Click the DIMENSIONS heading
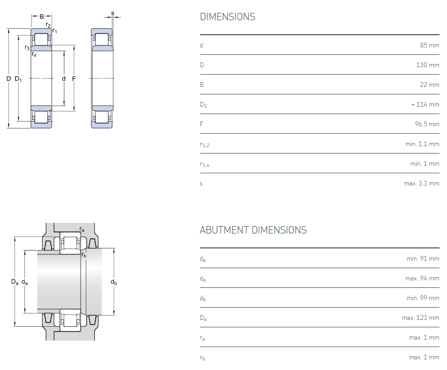coord(227,17)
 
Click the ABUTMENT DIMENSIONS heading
coord(253,230)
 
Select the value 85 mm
coord(429,45)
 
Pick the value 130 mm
coord(427,65)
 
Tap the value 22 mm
coord(429,85)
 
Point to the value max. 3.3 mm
coord(421,183)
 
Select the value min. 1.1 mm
coord(422,144)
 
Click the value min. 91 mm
coord(423,259)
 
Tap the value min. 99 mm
coord(423,298)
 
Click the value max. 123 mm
coord(420,318)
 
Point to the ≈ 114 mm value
coord(425,104)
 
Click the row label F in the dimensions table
coord(202,124)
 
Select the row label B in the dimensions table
coord(202,85)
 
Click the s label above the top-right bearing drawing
coord(112,13)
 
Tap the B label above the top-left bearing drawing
coord(42,17)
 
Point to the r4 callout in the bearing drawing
coord(34,54)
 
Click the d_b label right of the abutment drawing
coord(113,282)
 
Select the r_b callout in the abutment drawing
coord(84,255)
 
